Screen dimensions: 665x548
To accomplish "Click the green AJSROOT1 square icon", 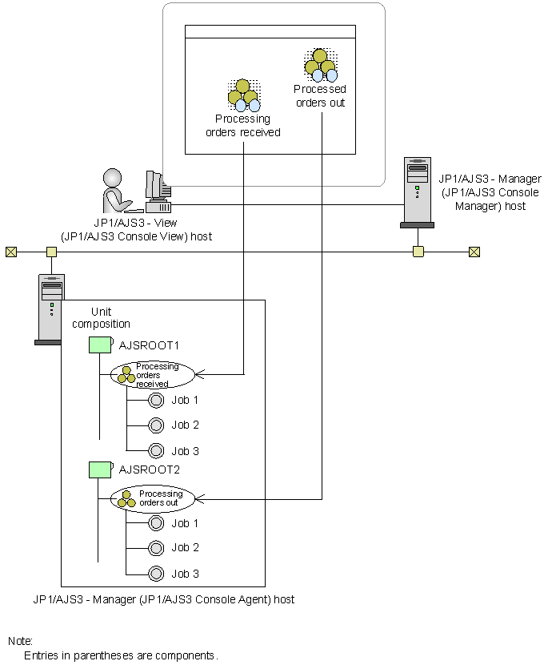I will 99,345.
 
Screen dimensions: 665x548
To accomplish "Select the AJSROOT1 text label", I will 149,345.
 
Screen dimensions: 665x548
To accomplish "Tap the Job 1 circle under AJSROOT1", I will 157,400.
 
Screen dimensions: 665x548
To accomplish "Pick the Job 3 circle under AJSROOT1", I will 157,450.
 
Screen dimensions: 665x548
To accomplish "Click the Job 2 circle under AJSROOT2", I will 157,548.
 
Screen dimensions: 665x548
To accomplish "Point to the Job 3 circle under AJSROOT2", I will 157,573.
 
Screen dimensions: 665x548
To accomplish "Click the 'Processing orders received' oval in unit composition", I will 153,374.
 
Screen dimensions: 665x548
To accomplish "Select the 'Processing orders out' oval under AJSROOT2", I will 153,498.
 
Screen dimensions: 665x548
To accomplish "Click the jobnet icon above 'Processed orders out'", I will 320,66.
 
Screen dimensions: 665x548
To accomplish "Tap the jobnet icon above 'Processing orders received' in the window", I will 243,95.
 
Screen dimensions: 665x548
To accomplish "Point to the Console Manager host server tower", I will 416,193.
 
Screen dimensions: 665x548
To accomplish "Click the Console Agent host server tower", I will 50,309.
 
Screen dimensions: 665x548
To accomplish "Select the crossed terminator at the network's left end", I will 10,252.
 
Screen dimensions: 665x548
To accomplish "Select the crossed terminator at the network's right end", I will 474,252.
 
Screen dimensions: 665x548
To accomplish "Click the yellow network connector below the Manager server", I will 418,252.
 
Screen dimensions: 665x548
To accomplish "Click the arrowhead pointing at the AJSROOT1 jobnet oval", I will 200,374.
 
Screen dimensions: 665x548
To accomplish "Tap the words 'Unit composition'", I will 101,317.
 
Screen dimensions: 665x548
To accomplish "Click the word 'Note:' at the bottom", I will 20,641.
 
